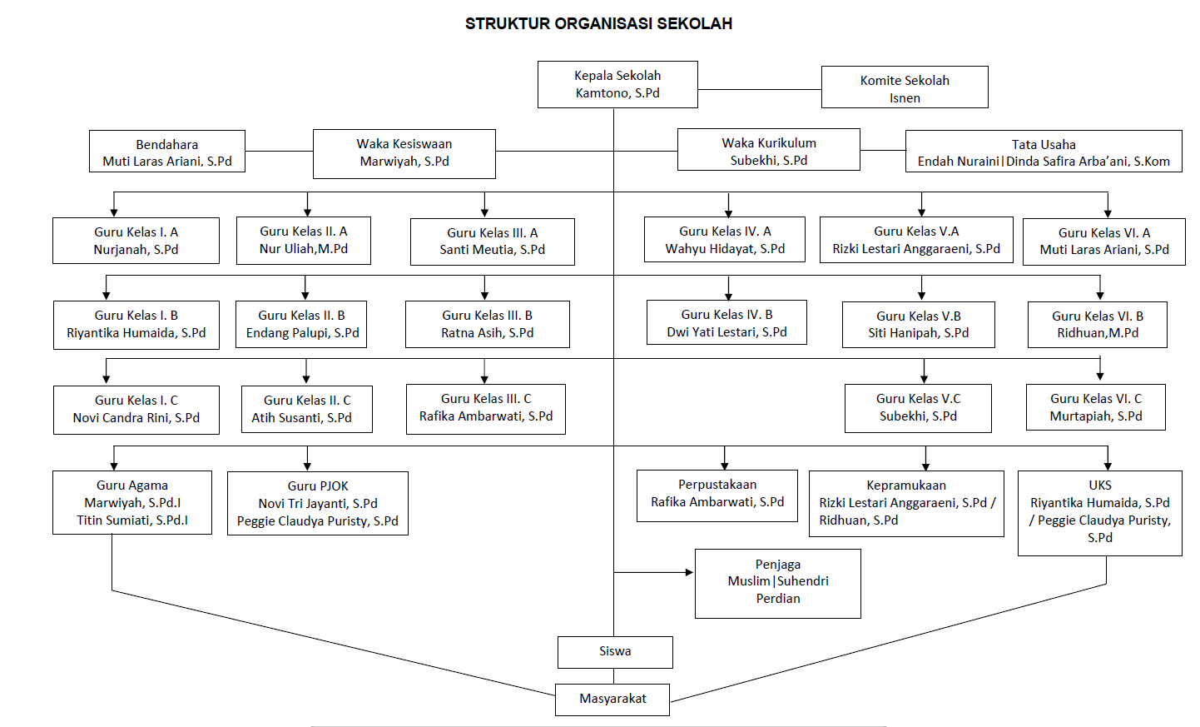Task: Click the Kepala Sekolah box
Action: (x=617, y=85)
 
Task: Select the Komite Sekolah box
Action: (x=905, y=87)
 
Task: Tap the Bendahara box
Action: (x=167, y=152)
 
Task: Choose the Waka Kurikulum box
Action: (x=769, y=150)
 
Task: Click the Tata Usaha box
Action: (x=1044, y=152)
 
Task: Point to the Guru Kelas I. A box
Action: (x=136, y=241)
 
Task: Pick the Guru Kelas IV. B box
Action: (x=727, y=322)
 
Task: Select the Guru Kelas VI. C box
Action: (x=1096, y=407)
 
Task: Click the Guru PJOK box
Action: (x=318, y=504)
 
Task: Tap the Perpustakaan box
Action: (x=717, y=496)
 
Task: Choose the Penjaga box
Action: (x=778, y=584)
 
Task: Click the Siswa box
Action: (x=615, y=653)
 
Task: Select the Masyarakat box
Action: (x=612, y=700)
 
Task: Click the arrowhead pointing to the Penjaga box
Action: (x=690, y=573)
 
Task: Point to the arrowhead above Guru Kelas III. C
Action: (x=484, y=380)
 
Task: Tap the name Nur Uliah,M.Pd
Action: (x=304, y=249)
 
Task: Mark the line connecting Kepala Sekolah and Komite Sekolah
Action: (x=760, y=90)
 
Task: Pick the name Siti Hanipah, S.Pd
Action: (x=918, y=333)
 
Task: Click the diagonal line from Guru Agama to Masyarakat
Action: (x=333, y=644)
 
